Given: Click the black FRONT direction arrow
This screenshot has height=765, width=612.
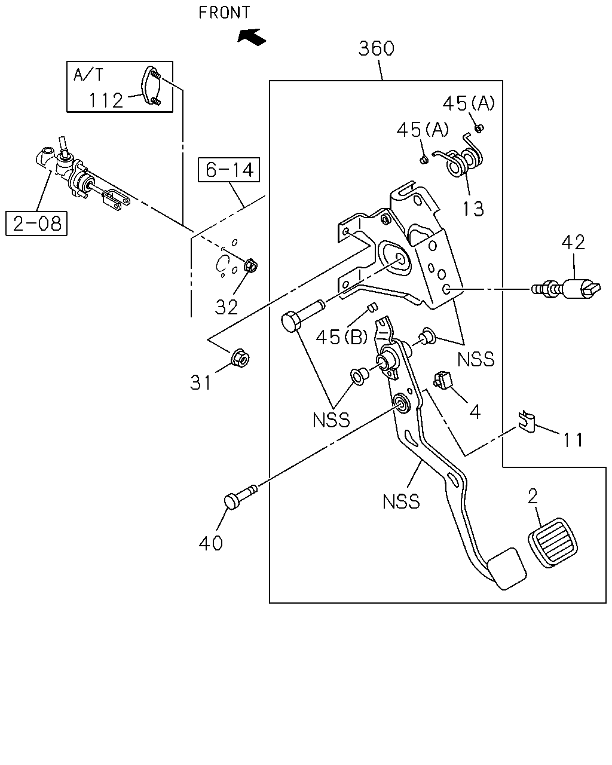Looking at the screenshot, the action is pos(252,36).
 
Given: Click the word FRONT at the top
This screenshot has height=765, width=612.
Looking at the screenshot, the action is pos(224,13).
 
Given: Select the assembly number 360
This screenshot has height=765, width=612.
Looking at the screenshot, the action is pos(377,48).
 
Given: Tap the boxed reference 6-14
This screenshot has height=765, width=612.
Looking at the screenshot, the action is pos(229,170).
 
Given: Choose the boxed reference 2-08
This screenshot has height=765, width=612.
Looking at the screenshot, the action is pos(36,224).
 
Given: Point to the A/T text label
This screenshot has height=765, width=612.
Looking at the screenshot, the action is pos(88,75).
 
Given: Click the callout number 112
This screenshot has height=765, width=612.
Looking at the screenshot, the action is pos(106,100).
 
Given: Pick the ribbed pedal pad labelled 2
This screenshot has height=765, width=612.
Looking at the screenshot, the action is pos(553,543).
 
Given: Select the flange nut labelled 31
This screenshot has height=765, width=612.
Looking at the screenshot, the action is pos(240,359).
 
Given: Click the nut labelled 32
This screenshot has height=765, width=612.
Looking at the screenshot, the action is pos(250,265).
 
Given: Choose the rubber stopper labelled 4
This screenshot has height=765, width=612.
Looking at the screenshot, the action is pos(442,380).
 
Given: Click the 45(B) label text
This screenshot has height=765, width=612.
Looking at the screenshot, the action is pos(341,336).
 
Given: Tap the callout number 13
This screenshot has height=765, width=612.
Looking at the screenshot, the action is pos(473,209).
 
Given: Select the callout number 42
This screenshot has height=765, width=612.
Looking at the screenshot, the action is pos(573,243).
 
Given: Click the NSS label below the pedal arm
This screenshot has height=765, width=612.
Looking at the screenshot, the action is pos(401,501).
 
